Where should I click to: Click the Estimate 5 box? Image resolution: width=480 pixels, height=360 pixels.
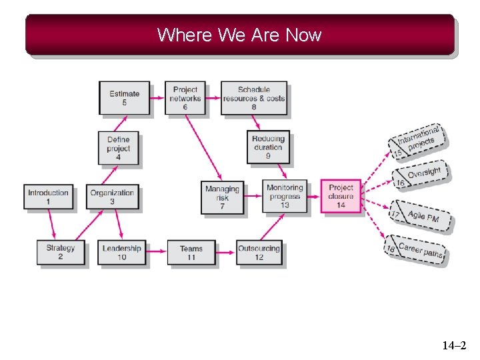124,97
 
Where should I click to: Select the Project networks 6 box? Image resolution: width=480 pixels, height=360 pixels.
185,97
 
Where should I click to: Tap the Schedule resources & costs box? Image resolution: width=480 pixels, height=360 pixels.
254,97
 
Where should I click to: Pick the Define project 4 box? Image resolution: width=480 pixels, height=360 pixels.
119,147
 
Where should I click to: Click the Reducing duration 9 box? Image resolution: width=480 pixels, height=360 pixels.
268,147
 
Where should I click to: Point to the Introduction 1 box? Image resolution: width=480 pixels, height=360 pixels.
48,197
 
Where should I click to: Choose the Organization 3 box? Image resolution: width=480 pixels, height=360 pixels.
112,197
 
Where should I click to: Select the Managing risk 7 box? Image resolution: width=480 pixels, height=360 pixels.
222,197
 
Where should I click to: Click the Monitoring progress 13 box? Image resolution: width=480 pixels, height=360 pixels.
285,196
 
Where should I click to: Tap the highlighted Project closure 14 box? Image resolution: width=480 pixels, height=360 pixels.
341,196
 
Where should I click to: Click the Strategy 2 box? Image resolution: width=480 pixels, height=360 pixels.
61,252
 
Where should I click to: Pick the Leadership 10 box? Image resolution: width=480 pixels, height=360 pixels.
122,252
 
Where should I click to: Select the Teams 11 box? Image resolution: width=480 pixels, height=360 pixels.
191,252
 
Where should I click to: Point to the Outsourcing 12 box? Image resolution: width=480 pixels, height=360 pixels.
259,252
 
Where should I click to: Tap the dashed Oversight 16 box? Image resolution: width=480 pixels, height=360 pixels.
420,175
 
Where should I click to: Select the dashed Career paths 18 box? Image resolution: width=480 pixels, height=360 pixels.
417,249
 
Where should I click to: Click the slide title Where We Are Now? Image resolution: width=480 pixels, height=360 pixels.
239,35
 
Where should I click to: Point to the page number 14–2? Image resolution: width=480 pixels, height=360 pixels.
454,345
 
